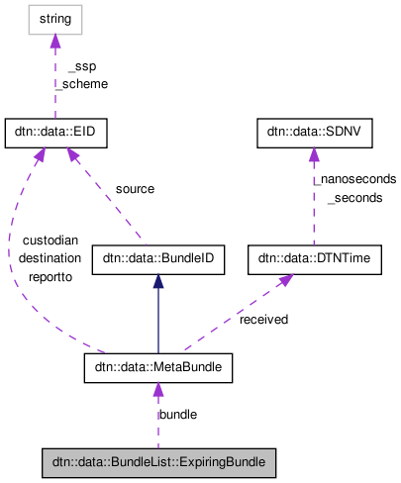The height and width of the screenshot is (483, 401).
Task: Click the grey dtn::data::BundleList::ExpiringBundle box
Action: [157, 461]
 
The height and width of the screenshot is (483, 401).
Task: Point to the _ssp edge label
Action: [81, 66]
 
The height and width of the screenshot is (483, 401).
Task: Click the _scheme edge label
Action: [82, 84]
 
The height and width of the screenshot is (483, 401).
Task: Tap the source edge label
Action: [135, 188]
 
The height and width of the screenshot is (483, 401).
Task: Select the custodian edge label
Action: [50, 242]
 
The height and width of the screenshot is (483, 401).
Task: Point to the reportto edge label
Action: [50, 278]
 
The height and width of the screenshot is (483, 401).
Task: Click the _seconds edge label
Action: [353, 198]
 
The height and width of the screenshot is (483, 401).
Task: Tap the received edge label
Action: [264, 319]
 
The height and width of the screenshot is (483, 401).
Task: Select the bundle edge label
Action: [178, 414]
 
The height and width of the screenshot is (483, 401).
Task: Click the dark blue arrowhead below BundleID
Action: [157, 282]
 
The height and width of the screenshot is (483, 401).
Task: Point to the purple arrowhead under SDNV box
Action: [313, 155]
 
